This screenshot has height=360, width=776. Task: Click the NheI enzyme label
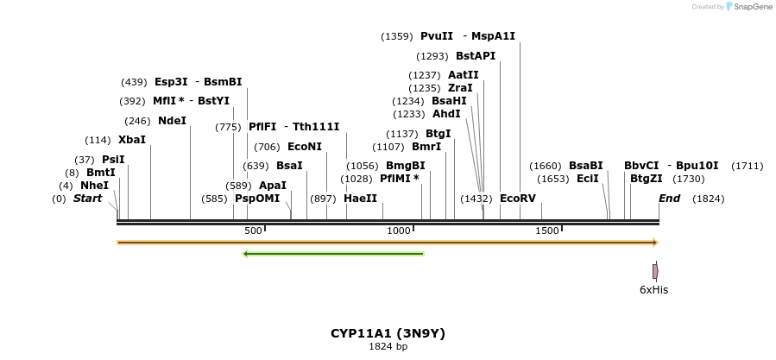[94, 186]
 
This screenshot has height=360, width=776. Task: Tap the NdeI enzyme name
[172, 121]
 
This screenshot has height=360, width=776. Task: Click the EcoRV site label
[518, 199]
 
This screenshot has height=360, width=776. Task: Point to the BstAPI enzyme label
[476, 56]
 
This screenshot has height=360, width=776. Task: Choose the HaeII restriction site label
[360, 199]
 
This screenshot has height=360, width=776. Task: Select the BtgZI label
[647, 179]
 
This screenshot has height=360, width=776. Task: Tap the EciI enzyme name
[588, 179]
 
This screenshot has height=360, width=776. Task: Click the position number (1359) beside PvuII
[397, 36]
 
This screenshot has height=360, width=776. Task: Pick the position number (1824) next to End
[709, 199]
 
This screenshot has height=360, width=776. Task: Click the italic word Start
[87, 199]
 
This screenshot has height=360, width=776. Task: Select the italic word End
[669, 199]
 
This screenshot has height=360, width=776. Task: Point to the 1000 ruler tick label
[399, 231]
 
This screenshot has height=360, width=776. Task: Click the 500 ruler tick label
[253, 231]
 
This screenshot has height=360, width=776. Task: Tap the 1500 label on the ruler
[547, 231]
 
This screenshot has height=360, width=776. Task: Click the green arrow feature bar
[333, 254]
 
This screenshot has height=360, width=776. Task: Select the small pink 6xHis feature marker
[655, 271]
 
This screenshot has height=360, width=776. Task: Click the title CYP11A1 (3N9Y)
[388, 332]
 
